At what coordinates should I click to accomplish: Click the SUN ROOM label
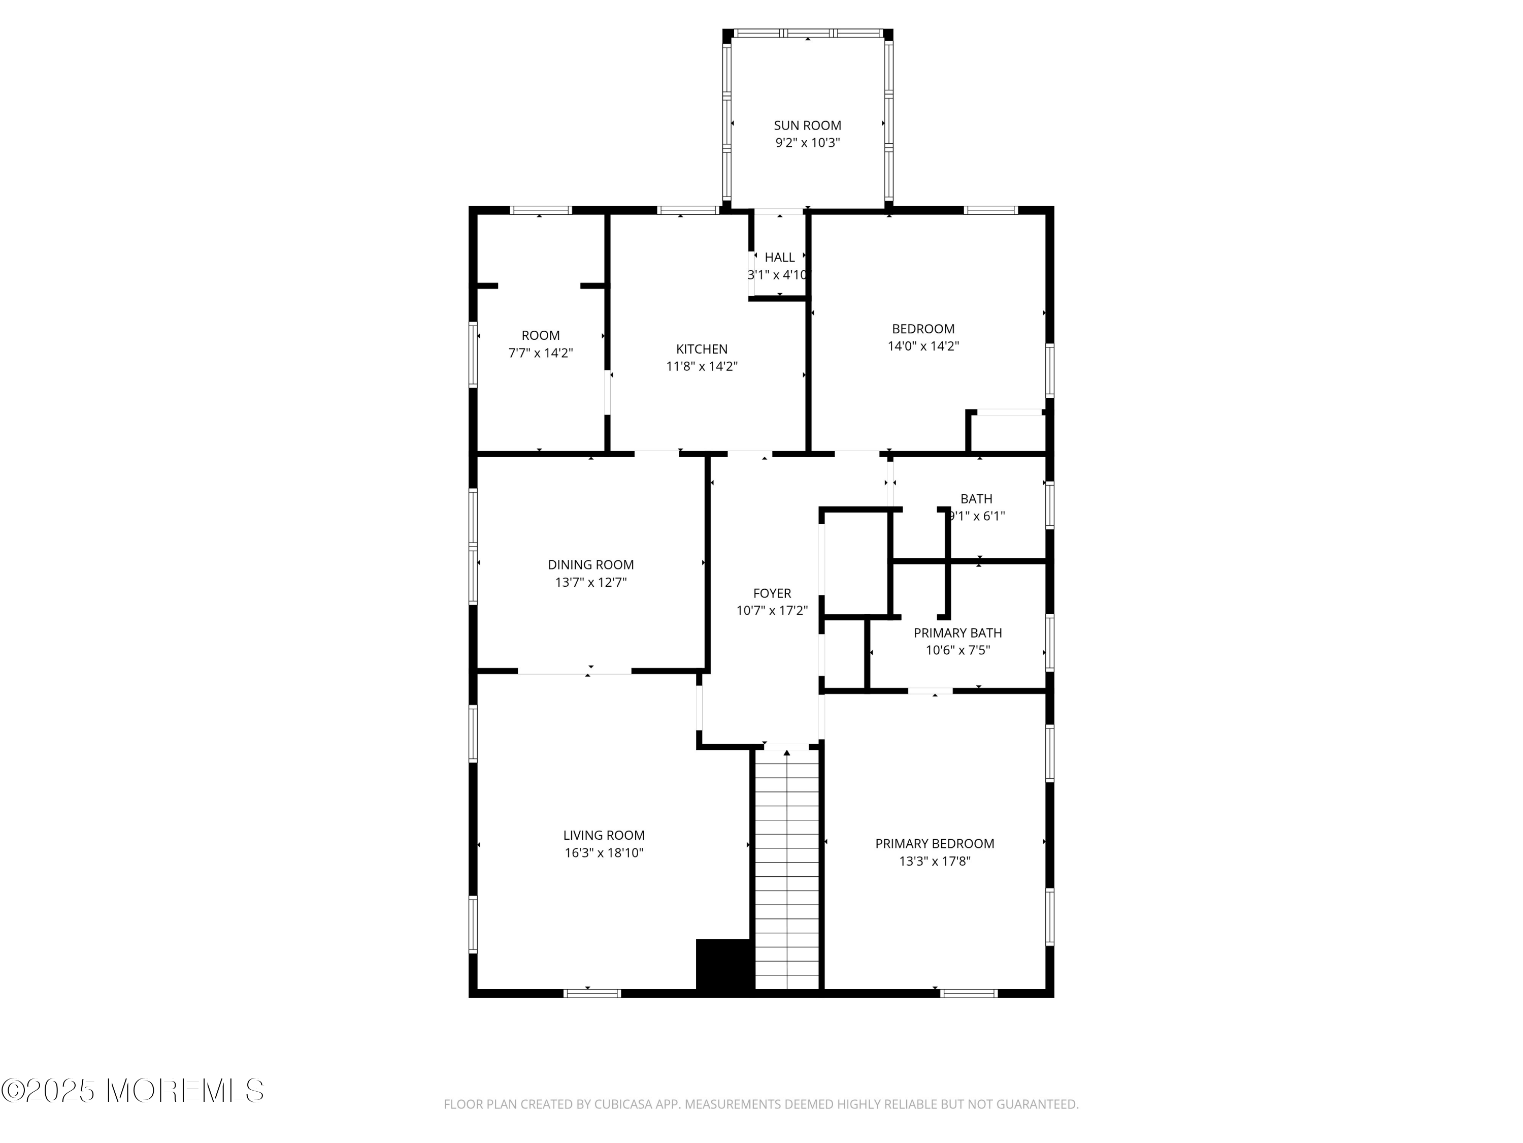click(x=807, y=125)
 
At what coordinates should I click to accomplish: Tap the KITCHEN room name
click(x=702, y=350)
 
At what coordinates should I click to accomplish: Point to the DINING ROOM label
click(x=591, y=565)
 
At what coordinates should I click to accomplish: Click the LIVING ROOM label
click(x=604, y=836)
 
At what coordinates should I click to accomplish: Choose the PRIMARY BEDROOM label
click(x=934, y=844)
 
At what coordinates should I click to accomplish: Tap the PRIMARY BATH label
click(x=958, y=633)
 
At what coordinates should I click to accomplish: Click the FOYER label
click(x=772, y=593)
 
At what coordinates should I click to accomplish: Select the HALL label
click(x=779, y=257)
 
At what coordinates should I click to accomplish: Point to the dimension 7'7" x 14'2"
click(x=541, y=353)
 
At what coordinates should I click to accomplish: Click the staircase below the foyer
click(x=787, y=870)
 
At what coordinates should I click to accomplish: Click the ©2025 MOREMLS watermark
click(x=132, y=1091)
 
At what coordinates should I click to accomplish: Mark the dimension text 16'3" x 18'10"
click(x=604, y=853)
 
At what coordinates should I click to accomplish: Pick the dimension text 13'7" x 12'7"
click(x=591, y=582)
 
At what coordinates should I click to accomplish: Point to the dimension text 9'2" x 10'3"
click(x=807, y=143)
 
